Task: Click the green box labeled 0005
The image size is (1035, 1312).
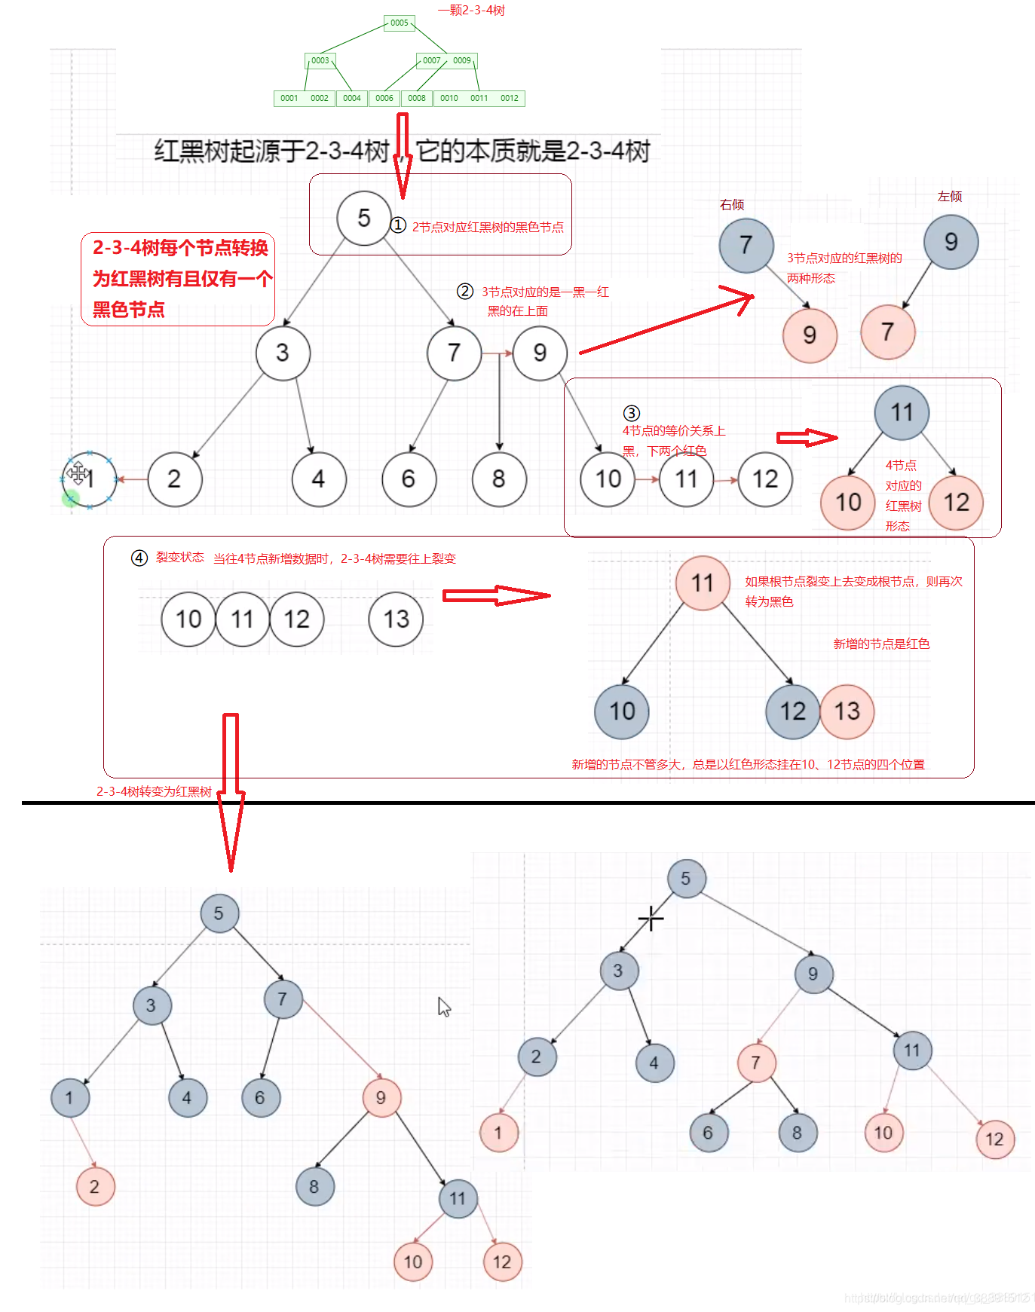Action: [399, 23]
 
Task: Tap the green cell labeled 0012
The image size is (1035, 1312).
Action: [510, 98]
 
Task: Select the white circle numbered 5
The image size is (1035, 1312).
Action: [363, 219]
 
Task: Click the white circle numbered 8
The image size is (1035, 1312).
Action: [498, 479]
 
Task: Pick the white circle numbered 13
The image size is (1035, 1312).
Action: [396, 619]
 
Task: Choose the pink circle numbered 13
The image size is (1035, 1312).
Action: [847, 711]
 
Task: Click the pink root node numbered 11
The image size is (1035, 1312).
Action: [703, 583]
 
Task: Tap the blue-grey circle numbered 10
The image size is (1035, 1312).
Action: [622, 711]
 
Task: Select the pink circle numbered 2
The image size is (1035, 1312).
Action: [95, 1186]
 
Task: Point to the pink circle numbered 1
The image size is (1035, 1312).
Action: [498, 1132]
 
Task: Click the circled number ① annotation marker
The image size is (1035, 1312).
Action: [398, 225]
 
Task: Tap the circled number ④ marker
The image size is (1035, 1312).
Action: [139, 558]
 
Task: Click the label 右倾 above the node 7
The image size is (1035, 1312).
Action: [732, 205]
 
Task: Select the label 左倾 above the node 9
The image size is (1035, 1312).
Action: [950, 197]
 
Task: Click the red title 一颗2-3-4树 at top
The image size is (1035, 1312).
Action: [472, 11]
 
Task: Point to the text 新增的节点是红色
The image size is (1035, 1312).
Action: [881, 644]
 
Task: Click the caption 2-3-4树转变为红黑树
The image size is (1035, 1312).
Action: [154, 791]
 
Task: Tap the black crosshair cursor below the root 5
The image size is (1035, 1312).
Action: [651, 919]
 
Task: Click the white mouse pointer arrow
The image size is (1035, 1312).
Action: [444, 1007]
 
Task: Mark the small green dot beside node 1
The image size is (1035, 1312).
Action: [71, 497]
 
